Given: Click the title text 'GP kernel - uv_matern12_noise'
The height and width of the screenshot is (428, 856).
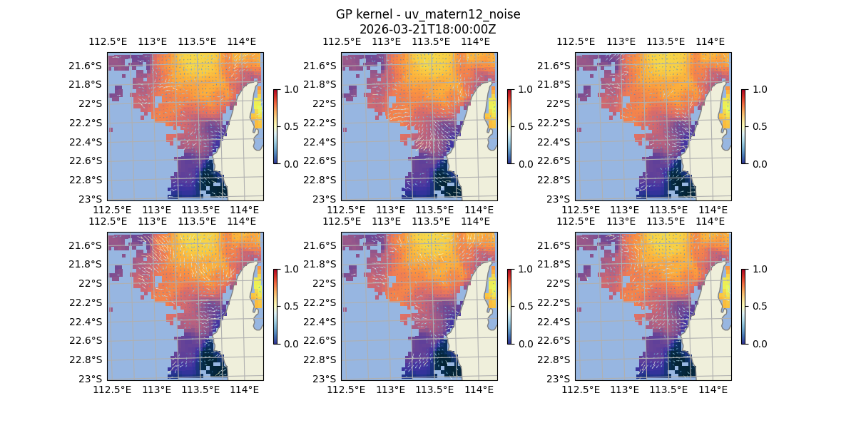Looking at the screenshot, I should (x=427, y=14).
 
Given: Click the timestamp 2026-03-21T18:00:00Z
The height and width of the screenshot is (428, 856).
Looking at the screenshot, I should (x=427, y=29).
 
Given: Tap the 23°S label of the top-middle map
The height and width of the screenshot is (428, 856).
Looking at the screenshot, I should (x=327, y=199).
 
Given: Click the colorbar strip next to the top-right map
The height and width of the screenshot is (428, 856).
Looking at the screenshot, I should (x=743, y=126).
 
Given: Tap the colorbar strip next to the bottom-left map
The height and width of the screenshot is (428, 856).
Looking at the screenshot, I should (x=275, y=306).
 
